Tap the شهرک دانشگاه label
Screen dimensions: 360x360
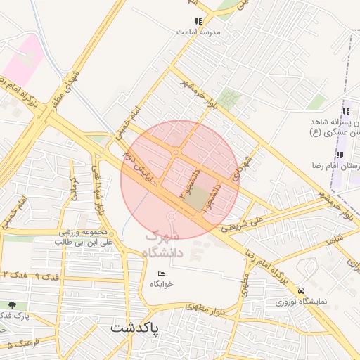(164, 245)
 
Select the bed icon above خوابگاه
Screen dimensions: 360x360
(161, 274)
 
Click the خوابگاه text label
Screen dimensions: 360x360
(161, 284)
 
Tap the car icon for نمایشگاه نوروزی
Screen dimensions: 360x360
(302, 290)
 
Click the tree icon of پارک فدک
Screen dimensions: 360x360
(12, 305)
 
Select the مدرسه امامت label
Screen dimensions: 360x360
(198, 32)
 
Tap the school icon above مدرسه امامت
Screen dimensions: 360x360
(198, 22)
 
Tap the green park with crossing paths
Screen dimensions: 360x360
(229, 98)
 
